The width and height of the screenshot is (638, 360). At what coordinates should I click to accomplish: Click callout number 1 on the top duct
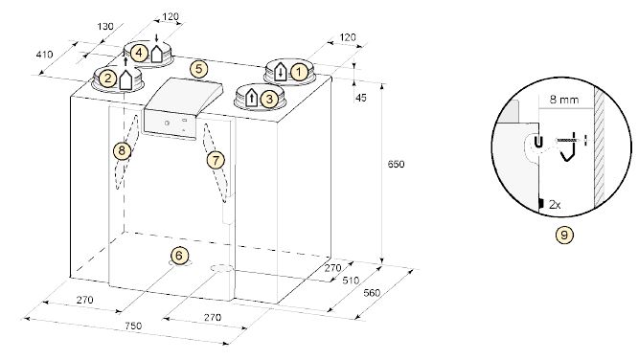pos(300,73)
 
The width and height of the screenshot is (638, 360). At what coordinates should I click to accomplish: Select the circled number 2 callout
pos(107,78)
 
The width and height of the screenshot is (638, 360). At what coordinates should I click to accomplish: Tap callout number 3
pos(269,99)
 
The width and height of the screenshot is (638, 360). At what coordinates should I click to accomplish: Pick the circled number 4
pos(139,53)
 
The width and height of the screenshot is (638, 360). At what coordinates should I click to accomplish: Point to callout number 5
pos(198,69)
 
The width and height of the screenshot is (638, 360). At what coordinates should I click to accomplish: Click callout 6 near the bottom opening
pos(179,256)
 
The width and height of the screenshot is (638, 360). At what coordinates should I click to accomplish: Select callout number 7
pos(216,160)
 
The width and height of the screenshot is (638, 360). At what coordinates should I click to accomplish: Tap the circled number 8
pos(122,151)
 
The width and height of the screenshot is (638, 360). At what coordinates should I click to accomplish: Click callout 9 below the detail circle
pos(564,235)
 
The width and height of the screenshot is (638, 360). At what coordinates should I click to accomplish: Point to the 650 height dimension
pos(396,164)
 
